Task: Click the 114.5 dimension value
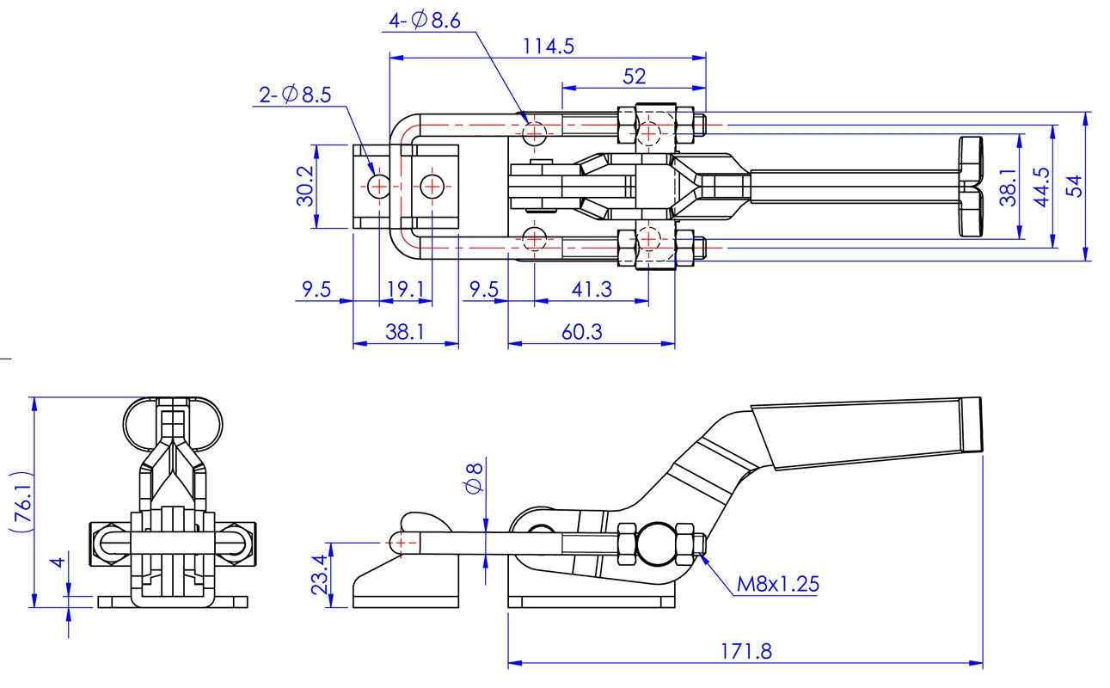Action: pos(549,46)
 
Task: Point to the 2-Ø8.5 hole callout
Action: pos(295,95)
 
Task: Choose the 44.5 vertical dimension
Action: pos(1041,186)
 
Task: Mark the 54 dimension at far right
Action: pos(1074,186)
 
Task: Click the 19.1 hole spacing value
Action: pos(405,290)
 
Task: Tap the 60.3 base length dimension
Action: pos(582,331)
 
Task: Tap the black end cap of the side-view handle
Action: pos(971,425)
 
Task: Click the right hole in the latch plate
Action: pos(431,186)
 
